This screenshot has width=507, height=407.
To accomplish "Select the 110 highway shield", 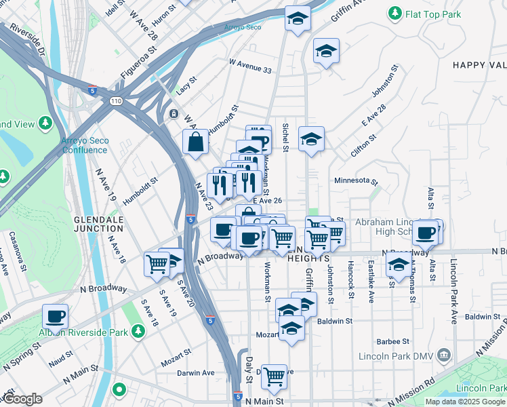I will pos(117,101).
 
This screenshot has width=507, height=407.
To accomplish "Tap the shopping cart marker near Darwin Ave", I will pos(274,375).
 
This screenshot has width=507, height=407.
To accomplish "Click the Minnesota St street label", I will pos(356,181).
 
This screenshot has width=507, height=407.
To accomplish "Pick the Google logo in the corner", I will pos(22,399).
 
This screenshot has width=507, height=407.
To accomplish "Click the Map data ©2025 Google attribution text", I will pos(466,402).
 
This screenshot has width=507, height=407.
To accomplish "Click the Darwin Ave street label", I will pos(196,372).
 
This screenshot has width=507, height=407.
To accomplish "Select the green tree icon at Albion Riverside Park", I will pos(138,330).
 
